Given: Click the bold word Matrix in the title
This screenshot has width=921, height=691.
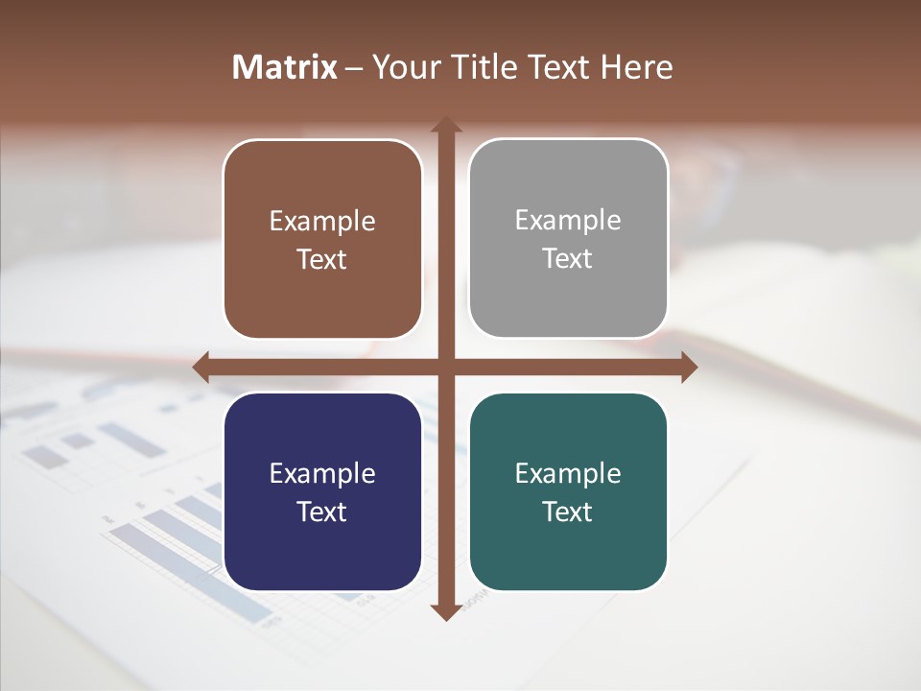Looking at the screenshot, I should (285, 67).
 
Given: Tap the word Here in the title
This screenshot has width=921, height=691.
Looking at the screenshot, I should (637, 67).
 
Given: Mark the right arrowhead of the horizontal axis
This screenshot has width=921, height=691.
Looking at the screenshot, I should (689, 367).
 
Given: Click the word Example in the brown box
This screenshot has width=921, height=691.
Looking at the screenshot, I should (322, 222).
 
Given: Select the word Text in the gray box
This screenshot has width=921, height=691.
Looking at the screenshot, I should (568, 259).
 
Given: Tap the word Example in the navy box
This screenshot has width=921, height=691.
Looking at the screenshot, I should (322, 474).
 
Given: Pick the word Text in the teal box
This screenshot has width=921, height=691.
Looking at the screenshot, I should (568, 512).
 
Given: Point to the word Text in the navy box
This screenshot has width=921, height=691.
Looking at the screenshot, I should (322, 512).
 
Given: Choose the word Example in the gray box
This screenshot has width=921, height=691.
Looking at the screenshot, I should (568, 221).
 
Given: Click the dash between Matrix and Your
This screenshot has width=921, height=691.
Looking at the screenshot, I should (354, 68).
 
